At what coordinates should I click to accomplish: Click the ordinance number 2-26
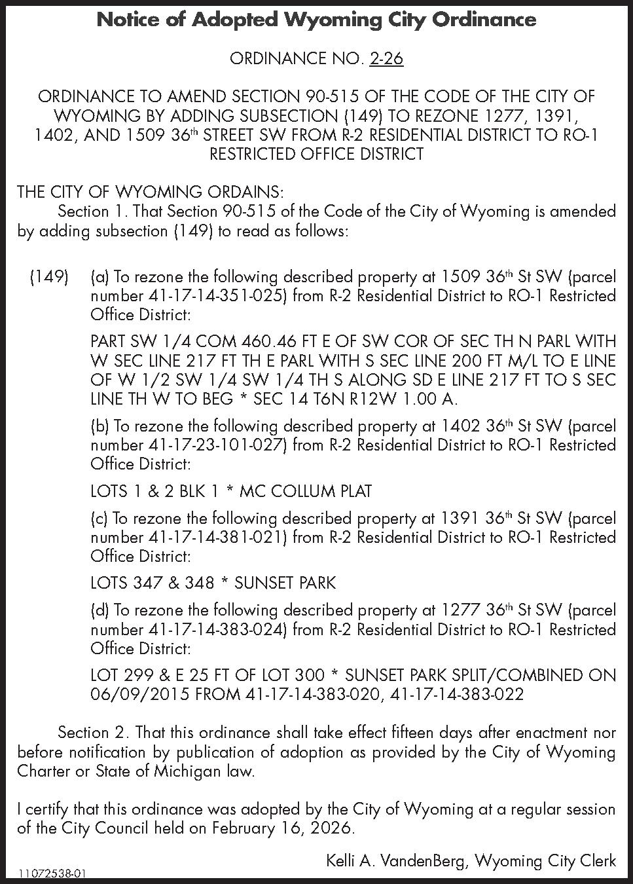click(386, 59)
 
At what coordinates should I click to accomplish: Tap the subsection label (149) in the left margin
click(49, 277)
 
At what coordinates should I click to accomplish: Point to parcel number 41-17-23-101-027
click(214, 445)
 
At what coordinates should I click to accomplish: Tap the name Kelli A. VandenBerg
click(396, 860)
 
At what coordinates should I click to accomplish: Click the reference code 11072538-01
click(52, 874)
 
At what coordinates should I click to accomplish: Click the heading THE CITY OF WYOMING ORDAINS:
click(151, 193)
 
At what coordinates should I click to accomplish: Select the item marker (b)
click(100, 426)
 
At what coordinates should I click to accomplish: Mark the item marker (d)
click(100, 610)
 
